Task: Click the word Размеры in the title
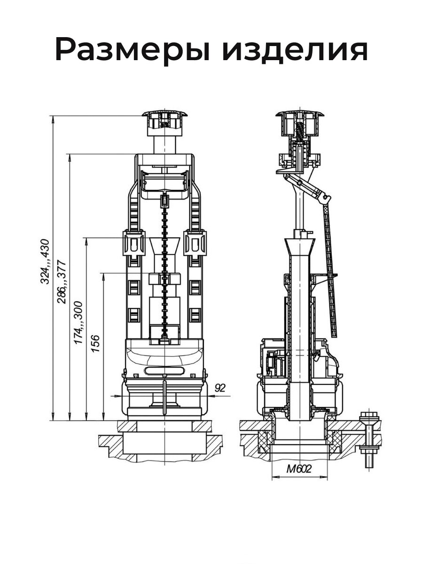click(132, 49)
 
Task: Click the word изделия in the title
click(295, 49)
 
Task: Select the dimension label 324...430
click(45, 262)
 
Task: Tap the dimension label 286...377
click(62, 282)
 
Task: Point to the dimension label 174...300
click(78, 323)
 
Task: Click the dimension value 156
click(95, 344)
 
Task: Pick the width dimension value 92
click(220, 395)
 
